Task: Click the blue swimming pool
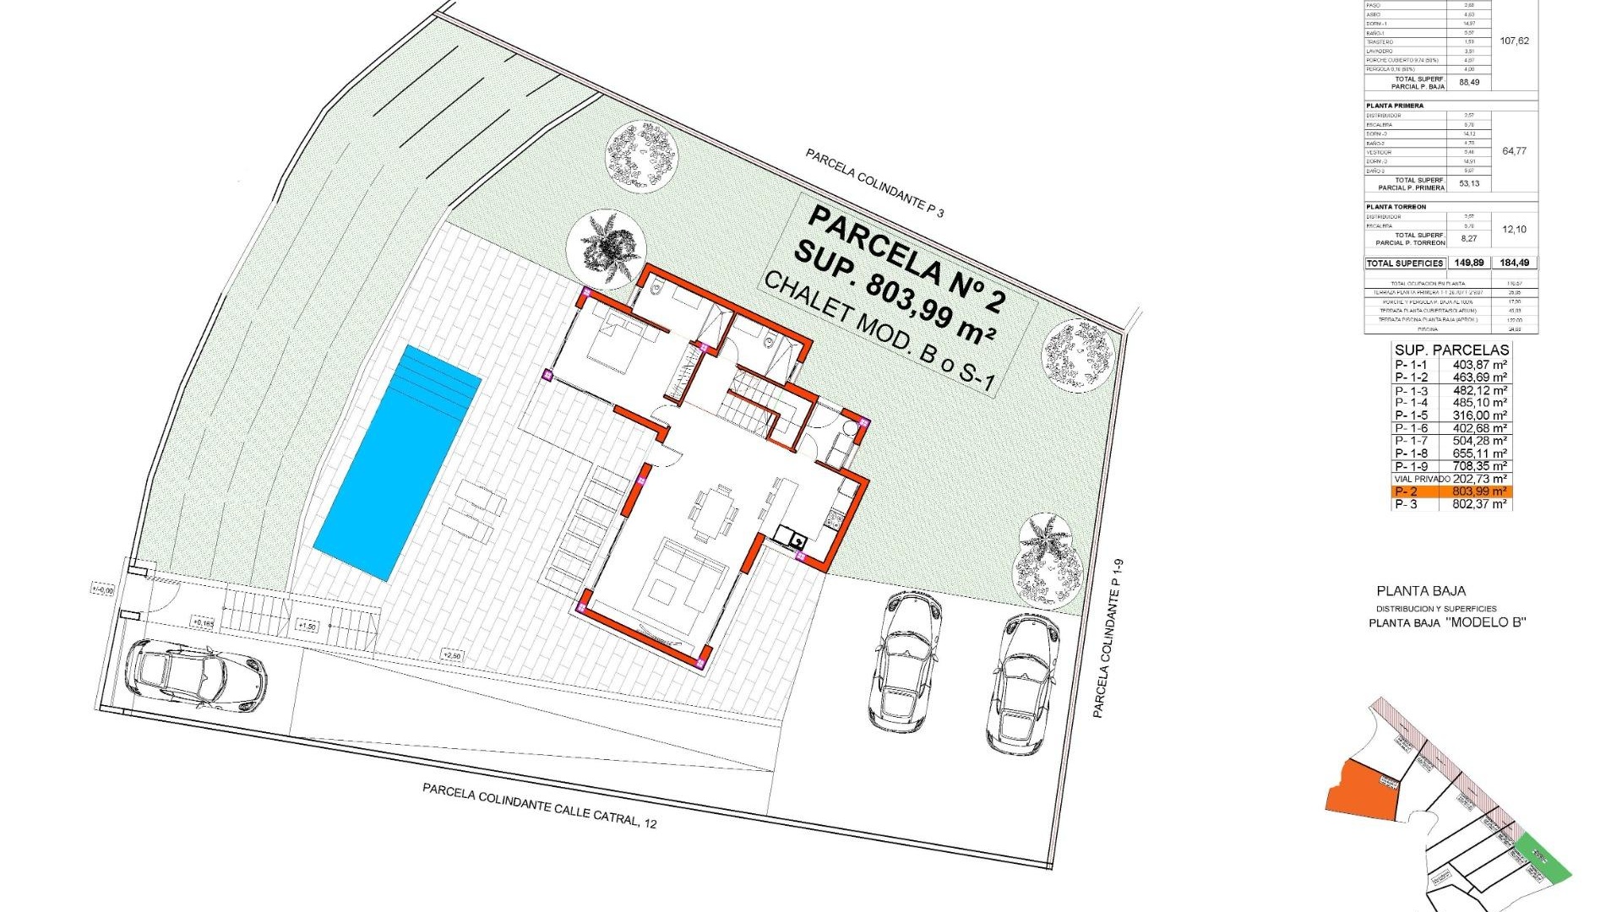tap(397, 463)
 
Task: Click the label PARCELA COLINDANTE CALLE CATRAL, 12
tap(539, 805)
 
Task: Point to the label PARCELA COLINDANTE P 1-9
tap(1108, 638)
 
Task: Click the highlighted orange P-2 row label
tap(1406, 491)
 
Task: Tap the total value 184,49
tap(1514, 263)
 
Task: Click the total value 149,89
tap(1469, 263)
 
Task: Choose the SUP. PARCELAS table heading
tap(1451, 350)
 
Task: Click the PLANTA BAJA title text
tap(1421, 591)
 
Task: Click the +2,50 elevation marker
tap(452, 655)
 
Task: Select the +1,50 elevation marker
tap(307, 627)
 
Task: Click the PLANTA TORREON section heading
tap(1396, 207)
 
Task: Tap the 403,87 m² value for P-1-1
tap(1479, 365)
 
